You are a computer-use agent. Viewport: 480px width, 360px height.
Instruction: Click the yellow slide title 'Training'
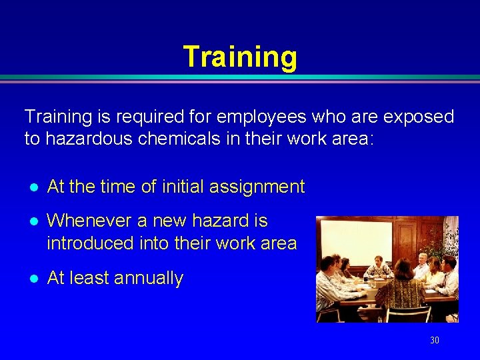[x=239, y=57]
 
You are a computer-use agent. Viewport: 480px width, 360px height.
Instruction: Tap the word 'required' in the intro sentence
[x=143, y=117]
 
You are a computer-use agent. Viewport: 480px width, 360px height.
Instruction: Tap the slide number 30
[x=435, y=340]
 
